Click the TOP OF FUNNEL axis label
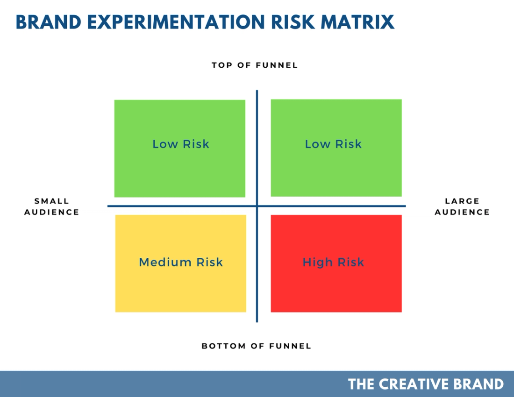click(255, 65)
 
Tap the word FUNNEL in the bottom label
click(290, 346)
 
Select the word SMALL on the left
click(52, 201)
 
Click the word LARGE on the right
click(462, 201)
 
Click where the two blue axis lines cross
click(257, 206)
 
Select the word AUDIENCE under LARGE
click(462, 212)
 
